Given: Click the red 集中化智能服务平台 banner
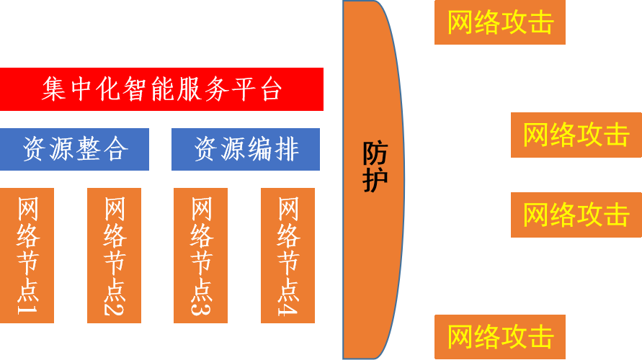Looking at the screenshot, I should [161, 89].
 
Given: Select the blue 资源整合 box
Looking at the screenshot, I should [74, 149].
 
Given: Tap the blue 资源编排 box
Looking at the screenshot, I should [246, 149].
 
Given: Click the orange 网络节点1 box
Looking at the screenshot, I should [27, 256].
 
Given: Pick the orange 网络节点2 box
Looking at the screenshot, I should [114, 256].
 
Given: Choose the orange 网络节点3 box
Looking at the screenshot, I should [201, 256].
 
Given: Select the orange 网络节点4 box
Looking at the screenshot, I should [287, 256].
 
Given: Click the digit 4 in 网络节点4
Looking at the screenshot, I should [288, 307].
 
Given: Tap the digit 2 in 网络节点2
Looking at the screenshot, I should [115, 307].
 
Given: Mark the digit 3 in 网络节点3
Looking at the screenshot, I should [202, 307].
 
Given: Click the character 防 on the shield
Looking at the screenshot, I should [375, 153].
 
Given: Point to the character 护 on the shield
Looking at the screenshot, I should [375, 180].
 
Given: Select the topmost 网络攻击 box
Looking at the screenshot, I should [500, 22].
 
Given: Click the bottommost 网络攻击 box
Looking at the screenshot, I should [500, 337].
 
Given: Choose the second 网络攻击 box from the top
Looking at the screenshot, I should [576, 135].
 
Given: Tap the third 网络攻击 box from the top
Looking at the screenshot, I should [576, 215].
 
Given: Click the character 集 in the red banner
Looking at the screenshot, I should [54, 89].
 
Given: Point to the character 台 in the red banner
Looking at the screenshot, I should [269, 89].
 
